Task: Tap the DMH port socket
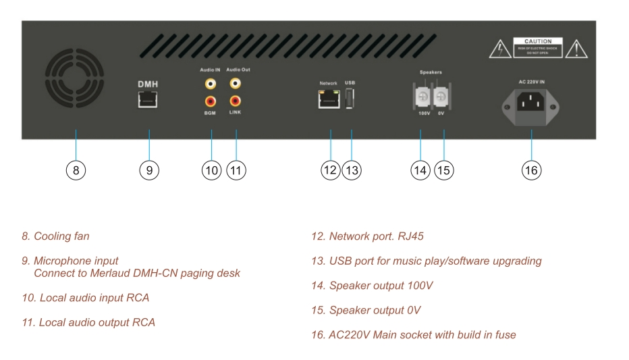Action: coord(148,99)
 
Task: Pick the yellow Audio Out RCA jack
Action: coord(236,84)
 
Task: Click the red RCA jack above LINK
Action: coord(236,102)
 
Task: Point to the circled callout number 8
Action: coord(76,171)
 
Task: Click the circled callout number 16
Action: coord(531,171)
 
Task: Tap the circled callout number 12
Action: coord(330,171)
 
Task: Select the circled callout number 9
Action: coord(148,171)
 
